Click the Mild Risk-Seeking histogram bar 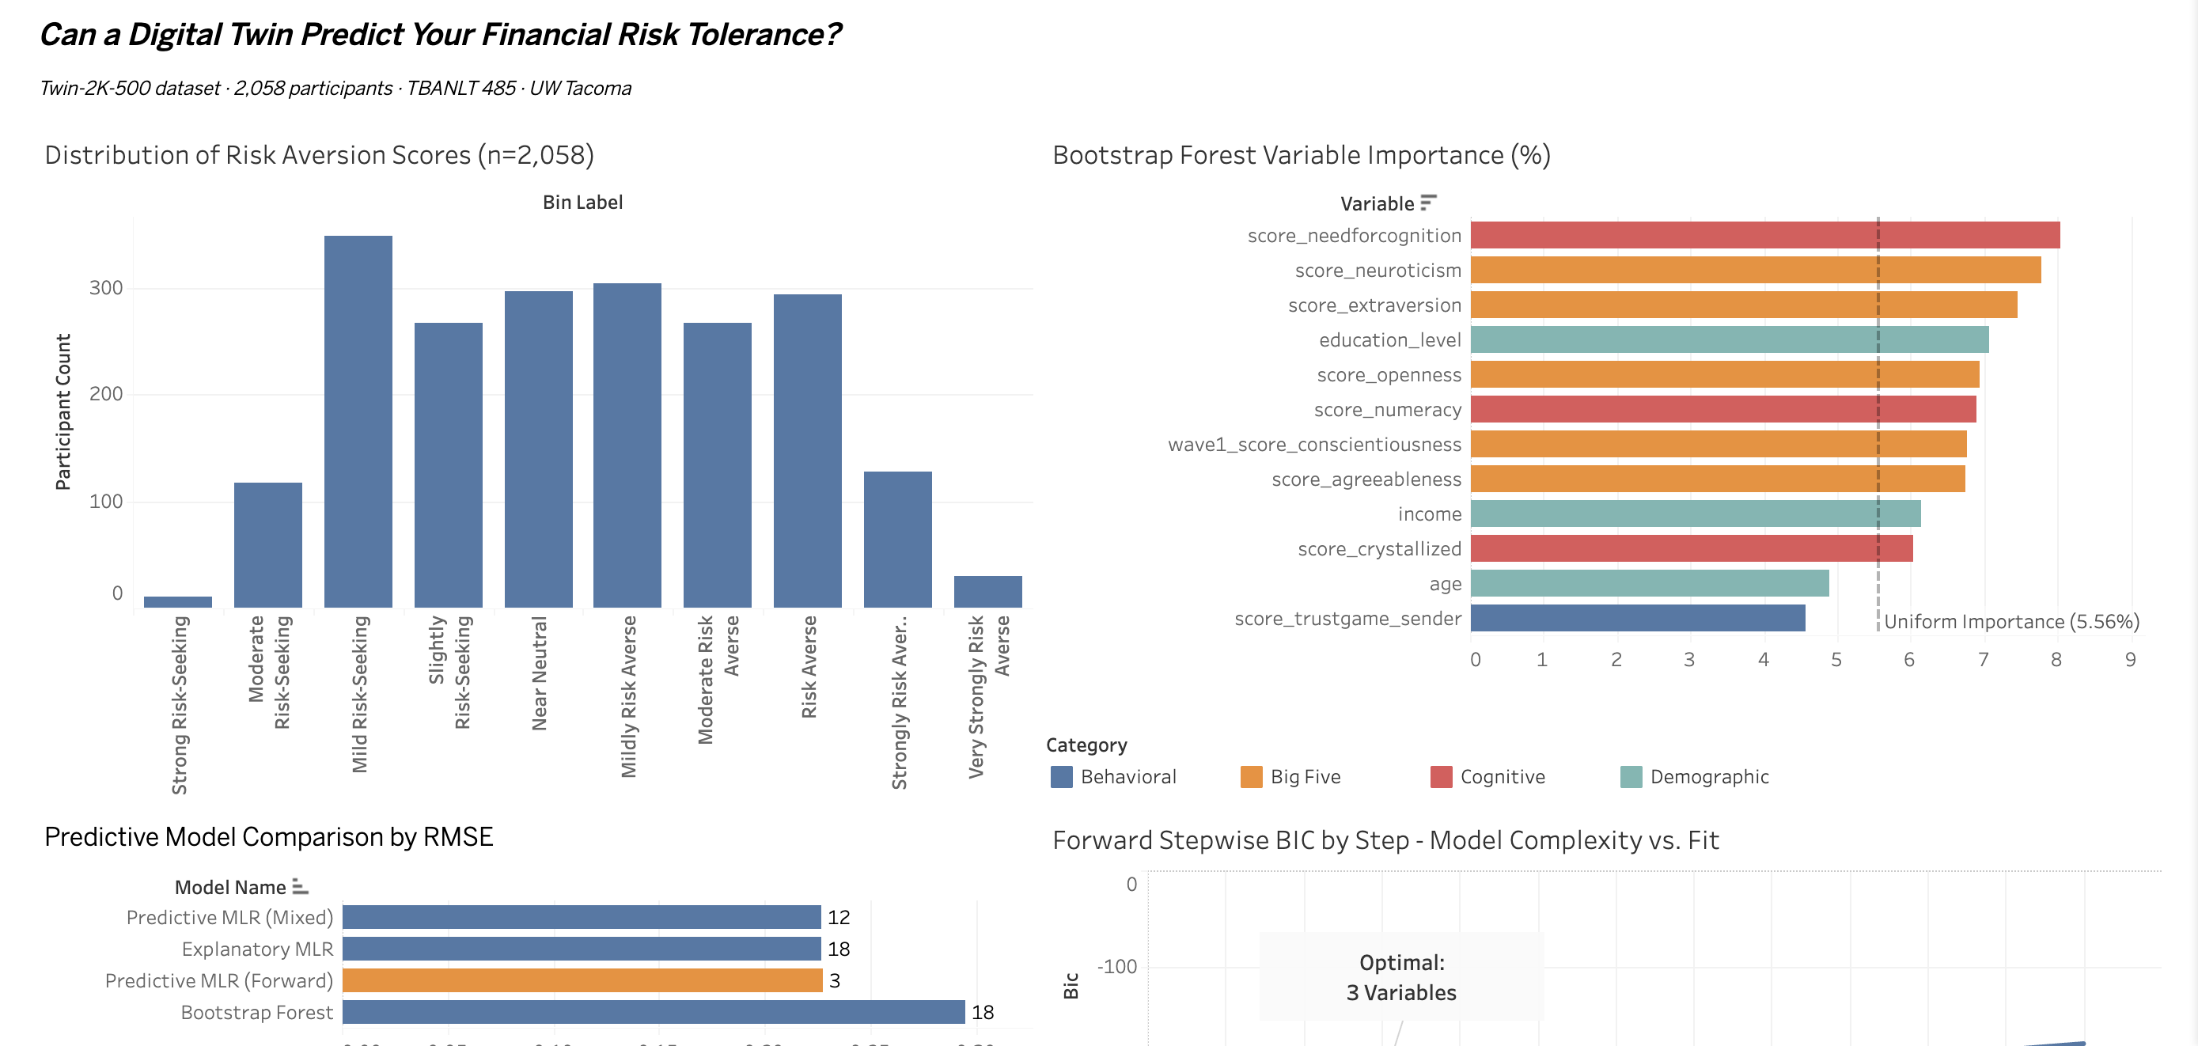click(358, 422)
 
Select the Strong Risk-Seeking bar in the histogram click(177, 601)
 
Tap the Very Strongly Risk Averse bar click(987, 591)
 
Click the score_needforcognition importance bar click(1764, 236)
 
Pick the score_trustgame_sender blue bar click(1636, 618)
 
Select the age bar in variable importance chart click(1649, 584)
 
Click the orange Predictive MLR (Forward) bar click(582, 980)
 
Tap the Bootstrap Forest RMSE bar click(653, 1012)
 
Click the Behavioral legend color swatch click(1060, 776)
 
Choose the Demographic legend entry click(1708, 776)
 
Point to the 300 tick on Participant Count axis click(106, 288)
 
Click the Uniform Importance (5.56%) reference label click(2010, 621)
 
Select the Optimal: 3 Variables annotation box click(1401, 977)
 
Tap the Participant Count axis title click(63, 412)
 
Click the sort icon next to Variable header click(1428, 203)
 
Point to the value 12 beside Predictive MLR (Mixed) click(838, 917)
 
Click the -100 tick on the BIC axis click(1117, 967)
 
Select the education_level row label click(1389, 340)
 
